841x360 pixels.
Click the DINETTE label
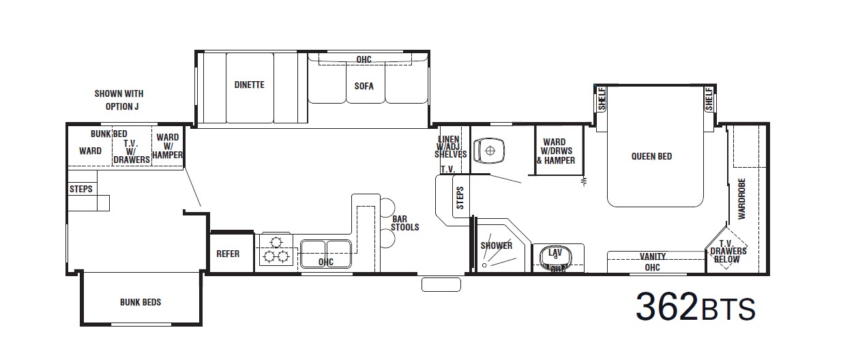[x=249, y=85]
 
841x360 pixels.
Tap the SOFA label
[x=364, y=87]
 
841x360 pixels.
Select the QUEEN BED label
[x=651, y=156]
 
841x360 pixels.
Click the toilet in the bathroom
[x=489, y=151]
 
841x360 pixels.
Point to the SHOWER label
[x=497, y=245]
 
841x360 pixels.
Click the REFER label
[x=228, y=254]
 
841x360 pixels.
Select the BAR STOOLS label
[x=404, y=223]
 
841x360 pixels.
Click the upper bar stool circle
[x=387, y=207]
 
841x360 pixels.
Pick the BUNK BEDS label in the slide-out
[x=141, y=302]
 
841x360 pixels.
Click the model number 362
[x=666, y=307]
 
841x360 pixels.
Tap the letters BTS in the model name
[x=727, y=310]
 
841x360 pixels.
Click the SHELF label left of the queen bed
[x=602, y=99]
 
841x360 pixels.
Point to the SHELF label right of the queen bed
[x=709, y=99]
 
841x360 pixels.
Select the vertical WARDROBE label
[x=741, y=199]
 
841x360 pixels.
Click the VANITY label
[x=653, y=256]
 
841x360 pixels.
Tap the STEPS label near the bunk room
[x=80, y=189]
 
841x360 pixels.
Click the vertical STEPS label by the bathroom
[x=460, y=198]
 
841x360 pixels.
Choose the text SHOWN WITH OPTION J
[x=119, y=100]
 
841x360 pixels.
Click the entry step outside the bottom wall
[x=441, y=284]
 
